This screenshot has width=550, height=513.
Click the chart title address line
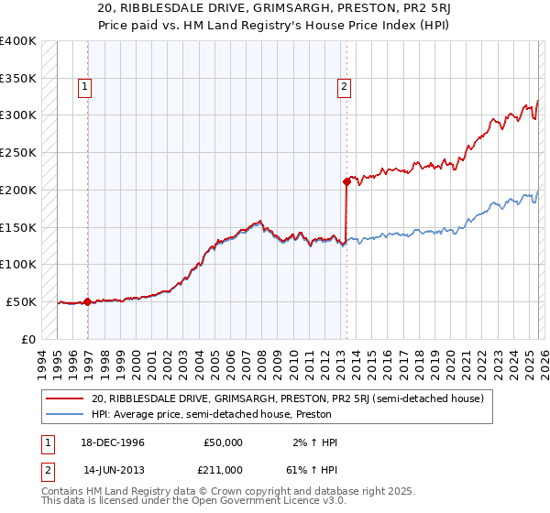[274, 9]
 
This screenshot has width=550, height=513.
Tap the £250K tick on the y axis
[18, 152]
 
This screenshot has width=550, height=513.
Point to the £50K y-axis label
[21, 301]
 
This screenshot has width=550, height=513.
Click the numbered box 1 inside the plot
[83, 87]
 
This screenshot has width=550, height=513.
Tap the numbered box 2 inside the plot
[344, 87]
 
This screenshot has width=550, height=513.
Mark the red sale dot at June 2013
[347, 181]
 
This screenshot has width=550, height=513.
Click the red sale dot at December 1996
[87, 301]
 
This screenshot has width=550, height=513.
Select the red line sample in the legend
[64, 398]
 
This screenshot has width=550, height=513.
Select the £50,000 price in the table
[224, 442]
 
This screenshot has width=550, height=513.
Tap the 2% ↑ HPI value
[314, 442]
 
